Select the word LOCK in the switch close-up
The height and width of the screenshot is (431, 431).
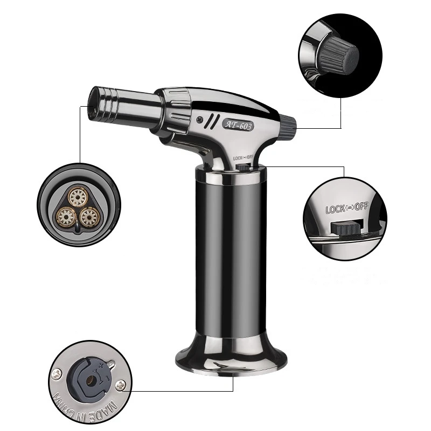coord(335,208)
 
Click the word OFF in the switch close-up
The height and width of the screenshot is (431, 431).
coord(362,206)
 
